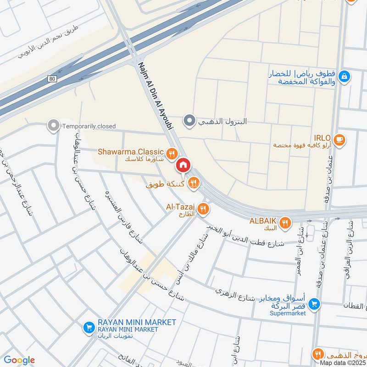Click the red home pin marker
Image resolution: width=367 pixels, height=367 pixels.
[183, 165]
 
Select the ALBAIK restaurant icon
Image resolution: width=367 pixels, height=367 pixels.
[285, 222]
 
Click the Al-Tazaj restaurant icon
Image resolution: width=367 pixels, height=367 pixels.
[203, 210]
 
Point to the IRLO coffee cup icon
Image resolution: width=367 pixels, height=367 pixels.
[339, 139]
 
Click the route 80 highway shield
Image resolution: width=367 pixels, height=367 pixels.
[51, 79]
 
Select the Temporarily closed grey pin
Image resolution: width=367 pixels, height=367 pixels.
[54, 125]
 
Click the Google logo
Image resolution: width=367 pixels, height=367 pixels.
[19, 360]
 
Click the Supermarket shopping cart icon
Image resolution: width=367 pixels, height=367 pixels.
[314, 303]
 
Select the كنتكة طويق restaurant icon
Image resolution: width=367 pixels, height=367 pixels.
[194, 183]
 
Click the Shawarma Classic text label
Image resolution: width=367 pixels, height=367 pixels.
[130, 152]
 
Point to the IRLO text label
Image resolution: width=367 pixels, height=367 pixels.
[320, 137]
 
